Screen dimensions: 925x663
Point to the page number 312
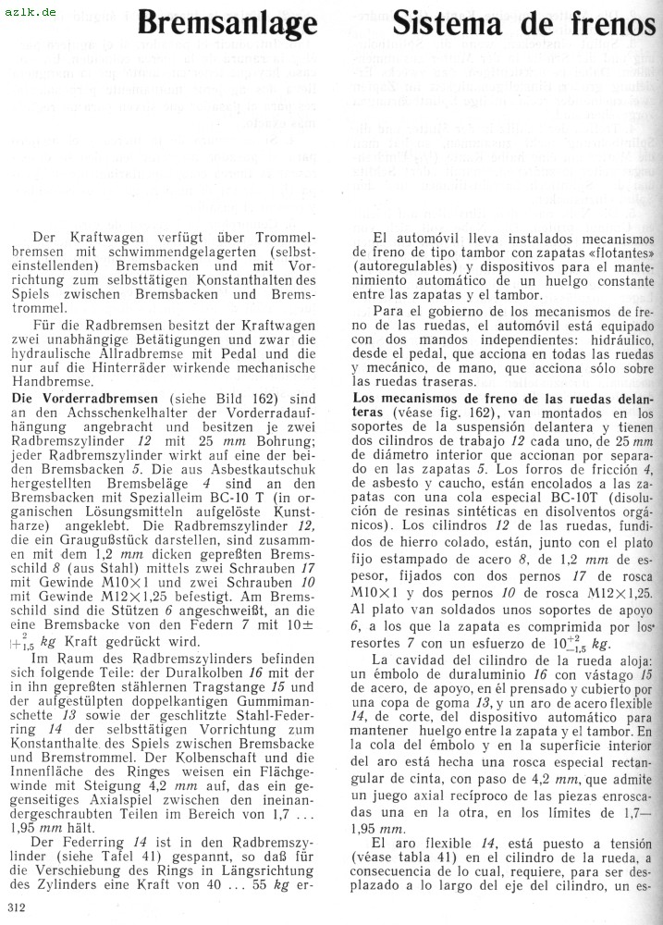(x=15, y=907)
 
